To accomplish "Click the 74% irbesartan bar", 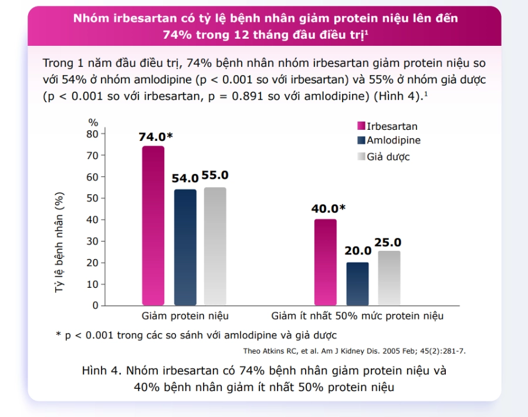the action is click(x=153, y=226).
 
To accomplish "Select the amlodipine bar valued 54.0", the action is click(x=185, y=247).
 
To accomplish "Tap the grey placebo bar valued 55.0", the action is click(x=215, y=246).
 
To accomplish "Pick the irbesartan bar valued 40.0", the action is click(x=326, y=263).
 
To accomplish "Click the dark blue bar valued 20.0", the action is click(x=358, y=284).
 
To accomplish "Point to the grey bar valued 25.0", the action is click(x=390, y=278).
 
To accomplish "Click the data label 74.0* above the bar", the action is click(x=155, y=136).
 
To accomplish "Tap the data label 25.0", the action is click(x=388, y=243).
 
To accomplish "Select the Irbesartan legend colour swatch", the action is click(x=361, y=126).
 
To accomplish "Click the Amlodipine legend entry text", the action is click(x=394, y=140).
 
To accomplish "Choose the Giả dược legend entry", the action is click(x=384, y=157).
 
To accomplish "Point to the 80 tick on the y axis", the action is click(x=92, y=134).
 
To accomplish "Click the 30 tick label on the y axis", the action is click(x=92, y=241).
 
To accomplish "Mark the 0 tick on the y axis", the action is click(x=95, y=305).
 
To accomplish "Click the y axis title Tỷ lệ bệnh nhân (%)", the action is click(x=59, y=243).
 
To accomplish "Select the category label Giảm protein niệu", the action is click(x=185, y=316).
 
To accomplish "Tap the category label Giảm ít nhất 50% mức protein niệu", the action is click(x=357, y=316).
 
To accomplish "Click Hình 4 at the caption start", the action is click(x=100, y=371).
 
